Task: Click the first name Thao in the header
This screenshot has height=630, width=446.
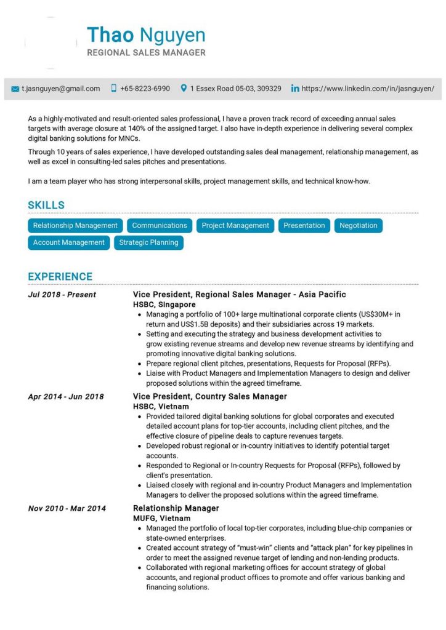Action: [x=110, y=35]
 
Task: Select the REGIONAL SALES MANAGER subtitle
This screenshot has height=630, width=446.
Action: [x=146, y=53]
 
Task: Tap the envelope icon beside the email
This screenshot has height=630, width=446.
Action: [x=15, y=89]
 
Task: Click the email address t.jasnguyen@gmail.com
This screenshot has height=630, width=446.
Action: [x=60, y=89]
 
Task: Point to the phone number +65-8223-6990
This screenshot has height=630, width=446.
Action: [x=145, y=89]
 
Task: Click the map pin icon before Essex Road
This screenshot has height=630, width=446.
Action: [x=184, y=89]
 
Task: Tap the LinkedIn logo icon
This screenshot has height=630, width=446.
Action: [x=295, y=89]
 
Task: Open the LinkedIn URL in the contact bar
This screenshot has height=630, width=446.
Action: [x=368, y=89]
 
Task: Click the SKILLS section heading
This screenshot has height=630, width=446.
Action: [x=46, y=205]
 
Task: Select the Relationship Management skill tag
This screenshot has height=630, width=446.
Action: [x=75, y=226]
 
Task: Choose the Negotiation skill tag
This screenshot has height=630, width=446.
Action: [x=358, y=226]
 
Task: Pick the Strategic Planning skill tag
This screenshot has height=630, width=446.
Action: [x=148, y=242]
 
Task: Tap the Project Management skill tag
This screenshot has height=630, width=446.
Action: [x=235, y=226]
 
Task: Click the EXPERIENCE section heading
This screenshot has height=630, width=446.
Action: [x=60, y=276]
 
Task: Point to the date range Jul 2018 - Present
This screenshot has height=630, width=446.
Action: [x=62, y=295]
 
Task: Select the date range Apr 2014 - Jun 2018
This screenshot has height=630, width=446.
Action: [x=65, y=397]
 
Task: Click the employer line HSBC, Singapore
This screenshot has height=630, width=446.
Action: [x=164, y=305]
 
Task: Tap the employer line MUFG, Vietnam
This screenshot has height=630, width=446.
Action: [x=161, y=519]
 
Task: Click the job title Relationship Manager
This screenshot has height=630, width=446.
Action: [x=176, y=508]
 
